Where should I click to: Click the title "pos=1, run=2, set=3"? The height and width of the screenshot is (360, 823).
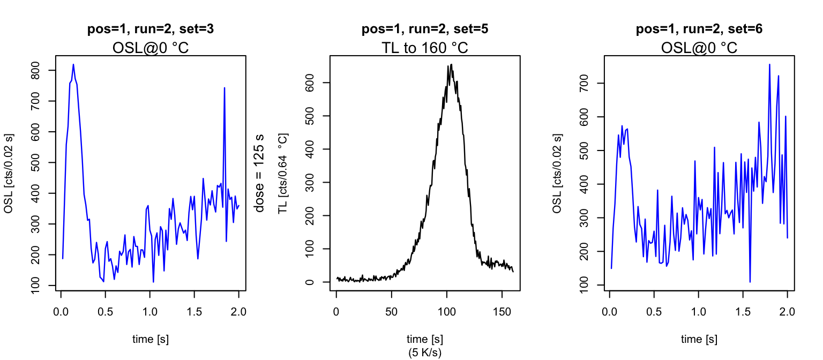pos(151,29)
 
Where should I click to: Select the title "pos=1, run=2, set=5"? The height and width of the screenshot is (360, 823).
pos(425,29)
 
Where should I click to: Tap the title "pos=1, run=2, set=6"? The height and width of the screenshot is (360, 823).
pos(699,29)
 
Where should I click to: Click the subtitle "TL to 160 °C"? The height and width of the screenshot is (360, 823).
pos(425,48)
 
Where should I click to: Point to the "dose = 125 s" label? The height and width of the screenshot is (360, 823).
pos(260,173)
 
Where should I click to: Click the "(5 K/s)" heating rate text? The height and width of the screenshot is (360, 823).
pos(425,352)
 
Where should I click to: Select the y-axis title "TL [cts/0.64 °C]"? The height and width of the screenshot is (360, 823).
pos(282,173)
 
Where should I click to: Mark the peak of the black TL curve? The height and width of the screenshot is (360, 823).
pos(451,65)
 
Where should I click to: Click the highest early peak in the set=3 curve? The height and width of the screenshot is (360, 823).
pos(73,65)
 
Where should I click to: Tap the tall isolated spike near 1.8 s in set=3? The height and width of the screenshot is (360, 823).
pos(225,88)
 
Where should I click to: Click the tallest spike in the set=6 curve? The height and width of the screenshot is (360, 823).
pos(769,64)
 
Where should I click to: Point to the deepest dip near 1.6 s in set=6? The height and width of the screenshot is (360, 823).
pos(750,282)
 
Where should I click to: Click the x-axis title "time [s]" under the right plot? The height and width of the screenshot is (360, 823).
pos(699,339)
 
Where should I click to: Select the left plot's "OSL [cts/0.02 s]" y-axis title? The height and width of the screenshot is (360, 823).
pos(8,173)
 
